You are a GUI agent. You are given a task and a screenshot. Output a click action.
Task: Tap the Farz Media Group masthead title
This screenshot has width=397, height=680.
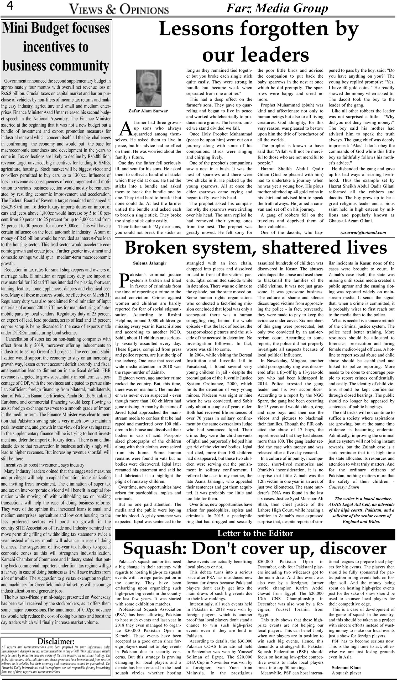[x=277, y=9]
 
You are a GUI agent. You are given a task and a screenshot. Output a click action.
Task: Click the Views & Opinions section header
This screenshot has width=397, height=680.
[x=119, y=10]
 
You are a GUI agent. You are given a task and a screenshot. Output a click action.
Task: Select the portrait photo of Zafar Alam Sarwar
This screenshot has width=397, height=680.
[x=149, y=88]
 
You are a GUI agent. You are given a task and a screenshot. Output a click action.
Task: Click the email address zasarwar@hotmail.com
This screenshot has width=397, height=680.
[x=363, y=232]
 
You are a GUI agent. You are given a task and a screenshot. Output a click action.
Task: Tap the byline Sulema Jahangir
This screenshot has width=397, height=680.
[x=150, y=263]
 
